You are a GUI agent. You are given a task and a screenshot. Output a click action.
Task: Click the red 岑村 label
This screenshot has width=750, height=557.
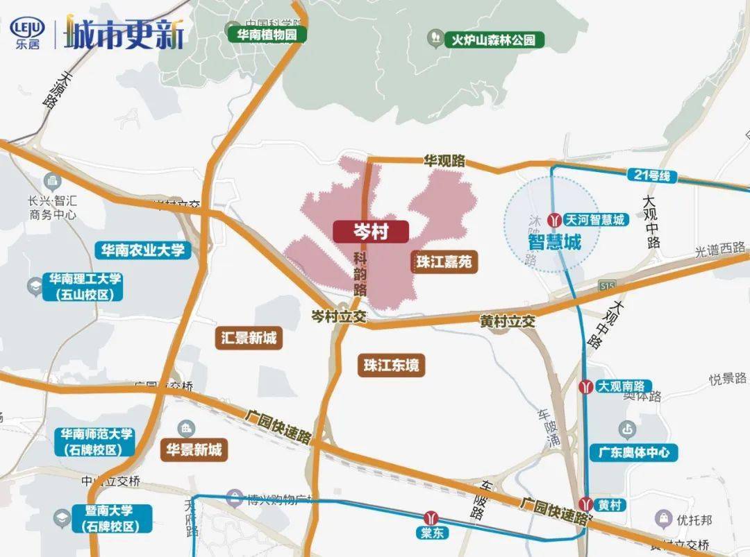coord(370,232)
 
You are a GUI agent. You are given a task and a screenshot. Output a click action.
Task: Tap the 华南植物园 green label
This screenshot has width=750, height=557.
coord(267,35)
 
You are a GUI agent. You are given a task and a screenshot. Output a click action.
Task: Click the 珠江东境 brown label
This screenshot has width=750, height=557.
coord(392,366)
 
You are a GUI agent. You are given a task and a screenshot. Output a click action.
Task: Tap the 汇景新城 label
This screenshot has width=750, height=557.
coord(249,339)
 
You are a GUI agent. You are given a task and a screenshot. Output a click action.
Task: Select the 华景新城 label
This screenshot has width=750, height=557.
coord(194,450)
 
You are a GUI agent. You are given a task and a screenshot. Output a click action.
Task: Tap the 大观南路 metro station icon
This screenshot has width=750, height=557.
coord(588,386)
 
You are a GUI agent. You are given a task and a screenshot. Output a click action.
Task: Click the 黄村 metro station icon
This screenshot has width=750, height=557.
coord(588,504)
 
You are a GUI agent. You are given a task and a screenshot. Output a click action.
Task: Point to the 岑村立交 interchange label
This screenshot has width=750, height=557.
coord(338,316)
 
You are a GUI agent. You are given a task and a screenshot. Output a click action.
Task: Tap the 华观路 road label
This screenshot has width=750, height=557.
coord(444,160)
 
